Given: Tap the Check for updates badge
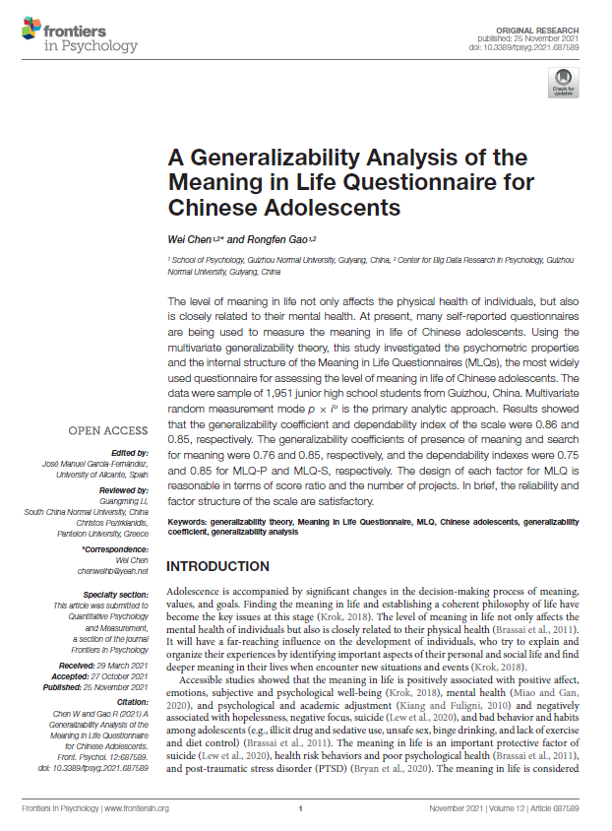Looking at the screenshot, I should [563, 83].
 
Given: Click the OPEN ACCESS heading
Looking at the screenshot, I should [107, 430].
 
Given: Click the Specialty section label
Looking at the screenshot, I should [116, 595].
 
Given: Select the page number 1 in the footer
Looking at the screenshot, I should [299, 808].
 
